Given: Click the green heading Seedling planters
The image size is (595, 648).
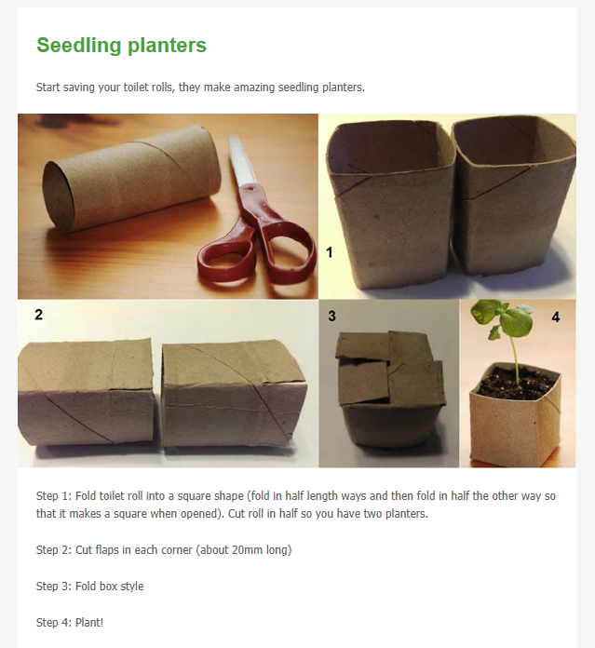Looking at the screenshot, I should [x=121, y=45].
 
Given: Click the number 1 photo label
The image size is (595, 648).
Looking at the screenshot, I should [x=329, y=251].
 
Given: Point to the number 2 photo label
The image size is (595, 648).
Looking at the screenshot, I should [x=38, y=315].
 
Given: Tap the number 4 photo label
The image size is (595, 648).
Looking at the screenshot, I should [x=556, y=317].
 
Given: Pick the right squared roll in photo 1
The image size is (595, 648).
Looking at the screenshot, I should [x=512, y=200].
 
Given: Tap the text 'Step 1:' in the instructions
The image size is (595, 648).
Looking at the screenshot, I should [x=54, y=496].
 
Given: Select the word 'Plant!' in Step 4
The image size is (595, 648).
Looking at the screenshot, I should [x=89, y=622].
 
